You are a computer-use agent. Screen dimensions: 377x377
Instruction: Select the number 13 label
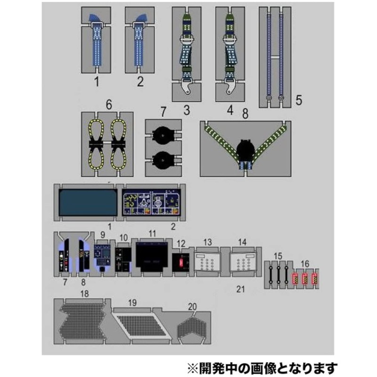click(208, 242)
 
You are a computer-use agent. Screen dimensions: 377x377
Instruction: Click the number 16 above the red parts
click(305, 263)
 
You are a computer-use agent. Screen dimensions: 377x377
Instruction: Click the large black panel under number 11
click(152, 257)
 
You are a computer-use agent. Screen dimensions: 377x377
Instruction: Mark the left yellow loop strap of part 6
click(97, 146)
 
